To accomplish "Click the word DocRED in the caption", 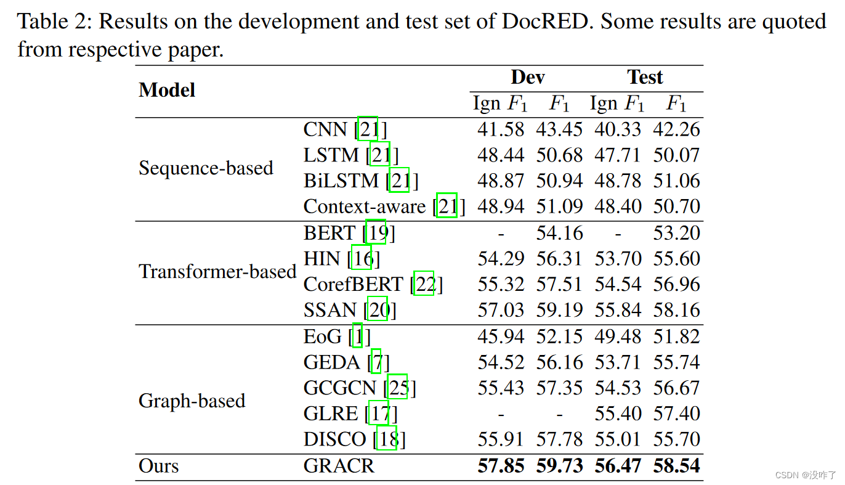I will [x=548, y=22].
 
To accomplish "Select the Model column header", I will [x=167, y=90].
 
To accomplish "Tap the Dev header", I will [x=528, y=77].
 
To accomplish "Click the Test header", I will [x=645, y=77].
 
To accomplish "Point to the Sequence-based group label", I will [x=206, y=168].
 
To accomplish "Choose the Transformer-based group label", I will [x=217, y=271].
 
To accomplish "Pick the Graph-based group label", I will [x=192, y=401].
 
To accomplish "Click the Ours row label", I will [x=159, y=466].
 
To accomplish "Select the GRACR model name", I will [x=339, y=466].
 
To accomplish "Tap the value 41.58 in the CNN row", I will [x=501, y=129].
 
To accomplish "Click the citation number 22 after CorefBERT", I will [x=424, y=284].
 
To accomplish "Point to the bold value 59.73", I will [x=559, y=466].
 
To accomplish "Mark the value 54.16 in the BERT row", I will [x=559, y=233].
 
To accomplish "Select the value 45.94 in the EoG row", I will [x=501, y=336].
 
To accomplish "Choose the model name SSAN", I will [x=330, y=310].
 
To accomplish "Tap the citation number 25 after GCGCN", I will [x=398, y=388].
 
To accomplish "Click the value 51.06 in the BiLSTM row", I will [x=676, y=181].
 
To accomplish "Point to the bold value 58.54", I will [x=676, y=466].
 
